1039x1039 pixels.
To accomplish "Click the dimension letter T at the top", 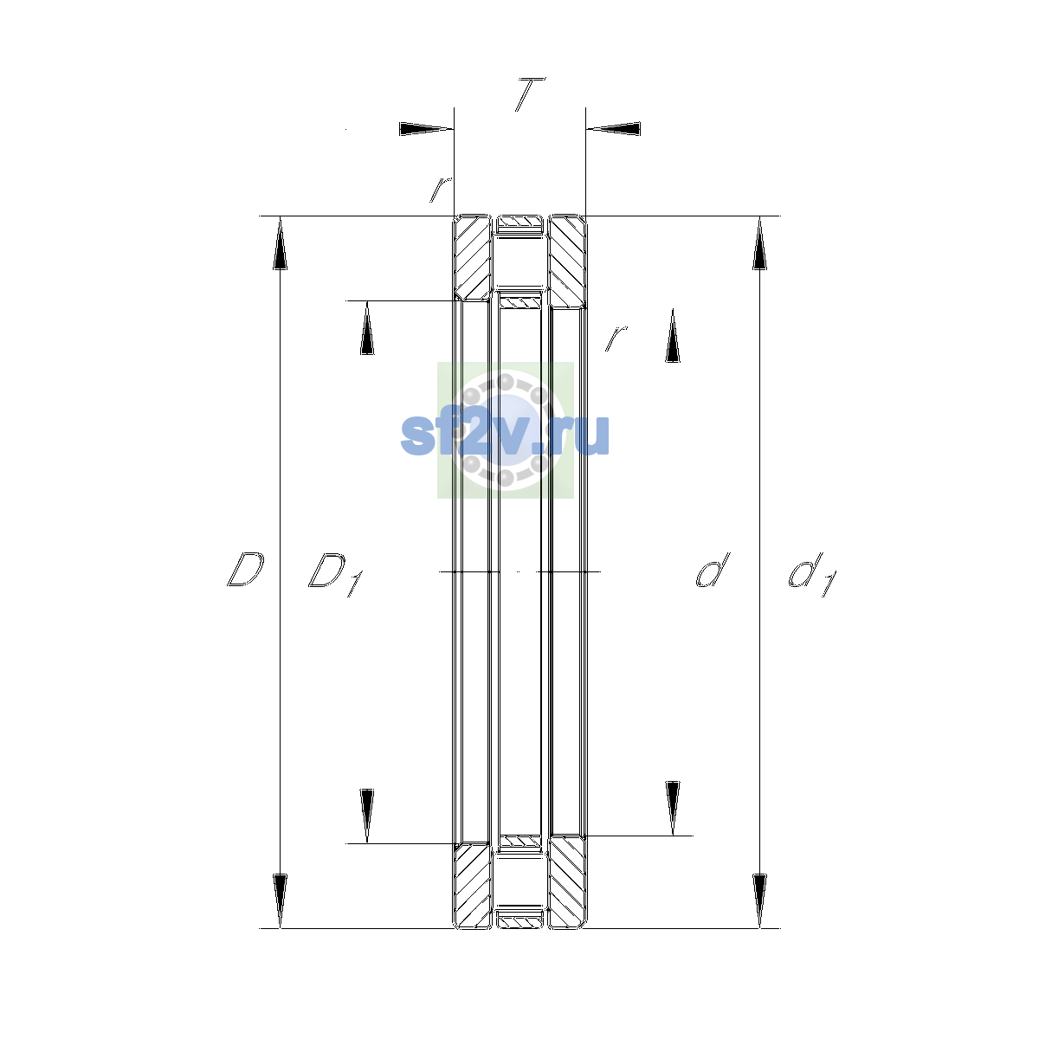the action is click(x=530, y=94).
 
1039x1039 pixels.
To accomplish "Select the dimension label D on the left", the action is click(x=245, y=569).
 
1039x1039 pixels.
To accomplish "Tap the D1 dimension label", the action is click(x=335, y=574).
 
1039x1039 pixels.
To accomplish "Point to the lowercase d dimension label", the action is click(x=713, y=570).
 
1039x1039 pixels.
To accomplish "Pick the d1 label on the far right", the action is click(x=812, y=574).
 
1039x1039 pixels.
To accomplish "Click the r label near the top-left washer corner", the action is click(x=440, y=190).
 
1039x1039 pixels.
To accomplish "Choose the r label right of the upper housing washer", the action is click(x=616, y=338).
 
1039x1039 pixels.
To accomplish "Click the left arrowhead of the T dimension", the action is click(x=426, y=129).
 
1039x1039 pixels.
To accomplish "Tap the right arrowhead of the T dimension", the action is click(x=614, y=129).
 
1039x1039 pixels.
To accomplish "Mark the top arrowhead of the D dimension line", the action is click(x=280, y=242).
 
